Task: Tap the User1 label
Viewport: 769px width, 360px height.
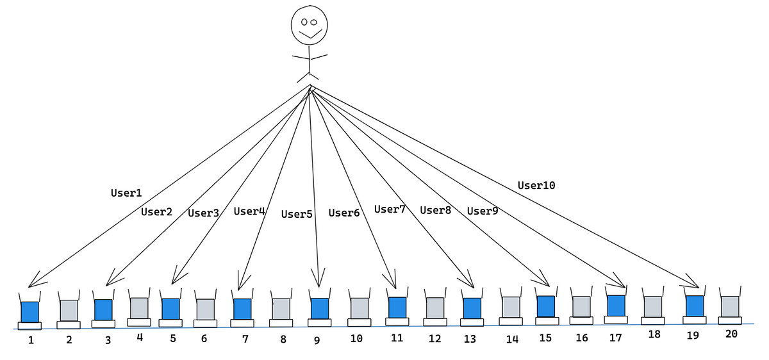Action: (126, 192)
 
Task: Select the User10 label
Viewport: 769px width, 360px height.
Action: (536, 186)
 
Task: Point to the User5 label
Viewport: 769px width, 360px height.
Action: (297, 214)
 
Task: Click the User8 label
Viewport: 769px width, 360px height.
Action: (436, 209)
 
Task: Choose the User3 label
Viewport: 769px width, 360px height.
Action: (204, 213)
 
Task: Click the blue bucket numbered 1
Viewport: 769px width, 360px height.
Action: (29, 311)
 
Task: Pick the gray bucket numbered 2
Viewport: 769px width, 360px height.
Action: (69, 310)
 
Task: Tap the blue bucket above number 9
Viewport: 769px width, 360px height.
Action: (319, 308)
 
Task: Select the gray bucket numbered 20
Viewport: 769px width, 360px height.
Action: (730, 306)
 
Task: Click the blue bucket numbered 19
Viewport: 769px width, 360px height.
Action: (695, 306)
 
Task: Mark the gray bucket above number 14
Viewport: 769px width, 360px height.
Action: (511, 307)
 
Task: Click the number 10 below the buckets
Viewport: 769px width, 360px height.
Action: (356, 338)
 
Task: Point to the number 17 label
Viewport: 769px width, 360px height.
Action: (615, 338)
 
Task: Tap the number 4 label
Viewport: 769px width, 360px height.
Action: (139, 337)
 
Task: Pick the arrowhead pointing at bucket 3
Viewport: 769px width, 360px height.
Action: (112, 279)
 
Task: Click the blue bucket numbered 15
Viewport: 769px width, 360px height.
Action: (545, 306)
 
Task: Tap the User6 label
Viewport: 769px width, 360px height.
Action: (344, 213)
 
